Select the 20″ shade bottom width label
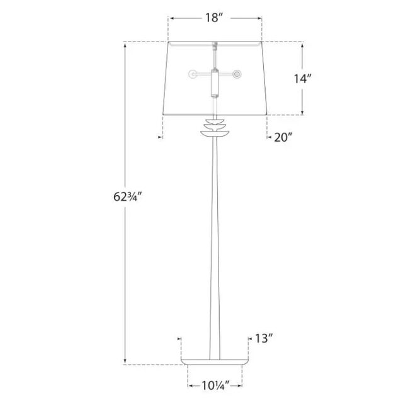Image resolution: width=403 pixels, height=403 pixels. pyautogui.click(x=283, y=137)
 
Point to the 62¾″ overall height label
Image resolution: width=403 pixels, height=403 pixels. pyautogui.click(x=127, y=197)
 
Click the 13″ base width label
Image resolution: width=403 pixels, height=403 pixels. pyautogui.click(x=263, y=339)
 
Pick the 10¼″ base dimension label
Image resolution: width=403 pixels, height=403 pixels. pyautogui.click(x=215, y=385)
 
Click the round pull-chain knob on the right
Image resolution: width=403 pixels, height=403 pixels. pyautogui.click(x=237, y=74)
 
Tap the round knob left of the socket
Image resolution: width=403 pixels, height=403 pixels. pyautogui.click(x=192, y=74)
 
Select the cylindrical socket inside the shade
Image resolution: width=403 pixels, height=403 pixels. pyautogui.click(x=214, y=82)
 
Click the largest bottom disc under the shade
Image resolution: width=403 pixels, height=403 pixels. pyautogui.click(x=215, y=133)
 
